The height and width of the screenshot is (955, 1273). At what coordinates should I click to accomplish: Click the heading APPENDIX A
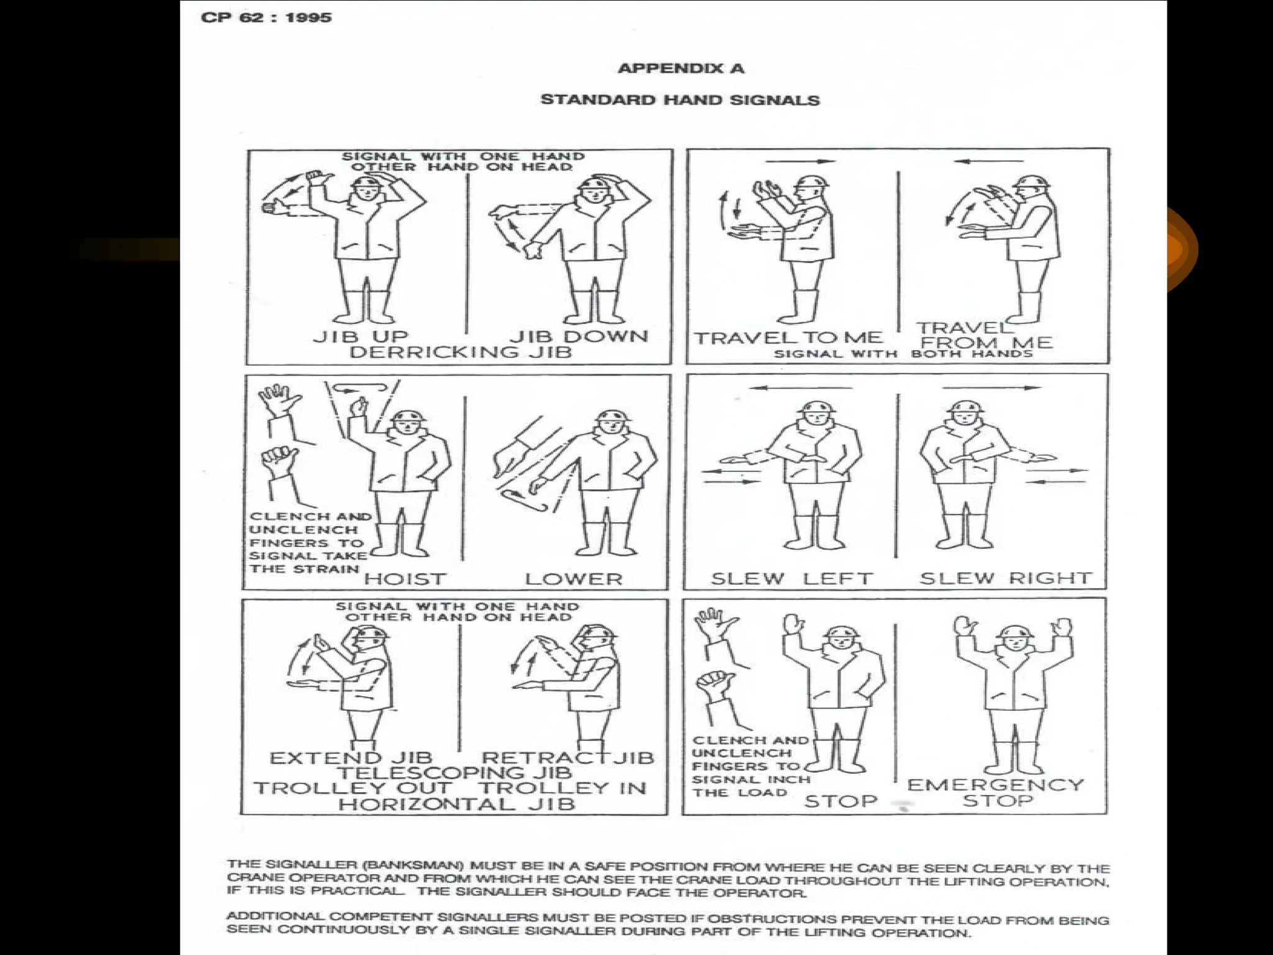[x=681, y=68]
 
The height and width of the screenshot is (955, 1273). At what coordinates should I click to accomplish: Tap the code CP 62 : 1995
[x=266, y=17]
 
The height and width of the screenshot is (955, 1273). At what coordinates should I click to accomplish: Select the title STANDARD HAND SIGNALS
[x=680, y=100]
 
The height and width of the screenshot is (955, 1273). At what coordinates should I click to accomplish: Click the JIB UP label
[x=360, y=336]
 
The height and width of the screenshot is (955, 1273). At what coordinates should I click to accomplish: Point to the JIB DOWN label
[x=579, y=336]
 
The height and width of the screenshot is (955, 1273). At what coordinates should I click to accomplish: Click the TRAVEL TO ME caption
[x=788, y=338]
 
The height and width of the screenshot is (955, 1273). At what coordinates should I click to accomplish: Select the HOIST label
[x=405, y=579]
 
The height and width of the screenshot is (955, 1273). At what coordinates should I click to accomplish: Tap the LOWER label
[x=573, y=579]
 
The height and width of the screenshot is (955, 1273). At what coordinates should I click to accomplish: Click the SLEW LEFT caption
[x=791, y=578]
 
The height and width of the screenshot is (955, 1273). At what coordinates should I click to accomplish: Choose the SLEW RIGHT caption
[x=1005, y=578]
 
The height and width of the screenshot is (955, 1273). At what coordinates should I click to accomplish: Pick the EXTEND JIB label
[x=351, y=758]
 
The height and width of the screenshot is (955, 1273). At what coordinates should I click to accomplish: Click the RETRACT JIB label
[x=568, y=758]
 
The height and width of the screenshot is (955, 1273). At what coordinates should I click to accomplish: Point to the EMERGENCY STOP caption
[x=995, y=792]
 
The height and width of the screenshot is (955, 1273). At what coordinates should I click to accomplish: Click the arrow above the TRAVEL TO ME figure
[x=801, y=162]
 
